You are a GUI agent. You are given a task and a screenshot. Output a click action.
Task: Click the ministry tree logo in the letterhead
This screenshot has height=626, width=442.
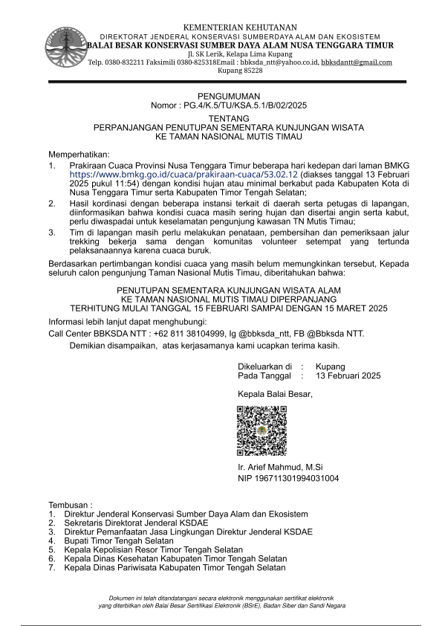coord(65,48)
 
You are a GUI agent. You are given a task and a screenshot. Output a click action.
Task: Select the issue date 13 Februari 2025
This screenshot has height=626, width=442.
coord(348,375)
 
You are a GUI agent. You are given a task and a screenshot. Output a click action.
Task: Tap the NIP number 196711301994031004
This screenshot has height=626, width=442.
coord(288,478)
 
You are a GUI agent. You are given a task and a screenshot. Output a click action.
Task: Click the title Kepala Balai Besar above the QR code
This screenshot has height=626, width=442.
coord(276,394)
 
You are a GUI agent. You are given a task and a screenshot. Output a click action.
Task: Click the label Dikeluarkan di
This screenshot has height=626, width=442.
coord(264,366)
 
